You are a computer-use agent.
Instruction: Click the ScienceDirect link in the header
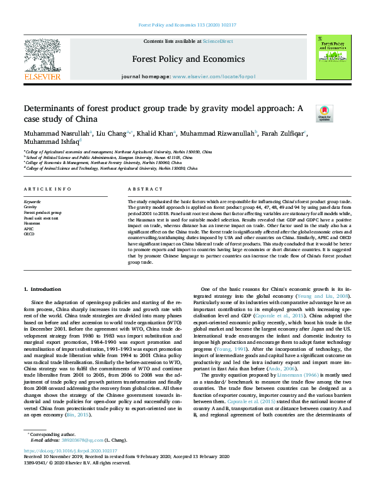(217, 41)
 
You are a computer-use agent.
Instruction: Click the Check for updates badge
(324, 112)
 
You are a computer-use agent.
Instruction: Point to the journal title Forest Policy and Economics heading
(188, 59)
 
